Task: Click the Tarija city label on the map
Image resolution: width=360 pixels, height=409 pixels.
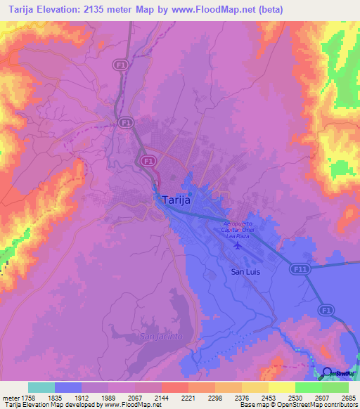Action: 176,200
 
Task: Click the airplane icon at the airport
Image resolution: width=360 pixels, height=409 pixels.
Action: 237,246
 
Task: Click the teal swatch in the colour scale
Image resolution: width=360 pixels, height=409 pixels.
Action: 41,387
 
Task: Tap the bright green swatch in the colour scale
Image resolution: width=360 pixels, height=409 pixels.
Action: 308,387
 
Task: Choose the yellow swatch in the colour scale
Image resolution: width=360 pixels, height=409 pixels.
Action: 281,387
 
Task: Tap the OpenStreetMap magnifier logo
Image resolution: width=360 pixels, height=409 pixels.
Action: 328,372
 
